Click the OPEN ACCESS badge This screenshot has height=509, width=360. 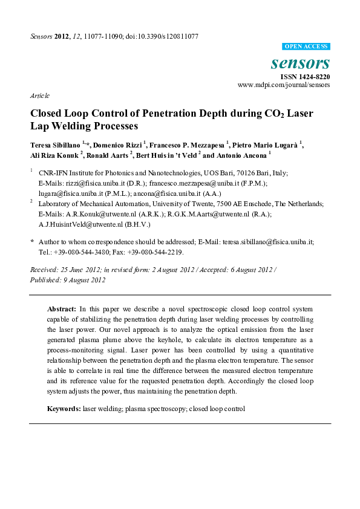click(306, 47)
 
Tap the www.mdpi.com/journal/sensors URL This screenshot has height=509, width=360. click(284, 85)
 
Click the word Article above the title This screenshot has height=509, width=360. click(39, 96)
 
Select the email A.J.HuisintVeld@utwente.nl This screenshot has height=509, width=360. click(71, 224)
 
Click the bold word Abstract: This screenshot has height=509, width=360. click(62, 309)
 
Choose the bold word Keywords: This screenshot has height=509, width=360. click(64, 409)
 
